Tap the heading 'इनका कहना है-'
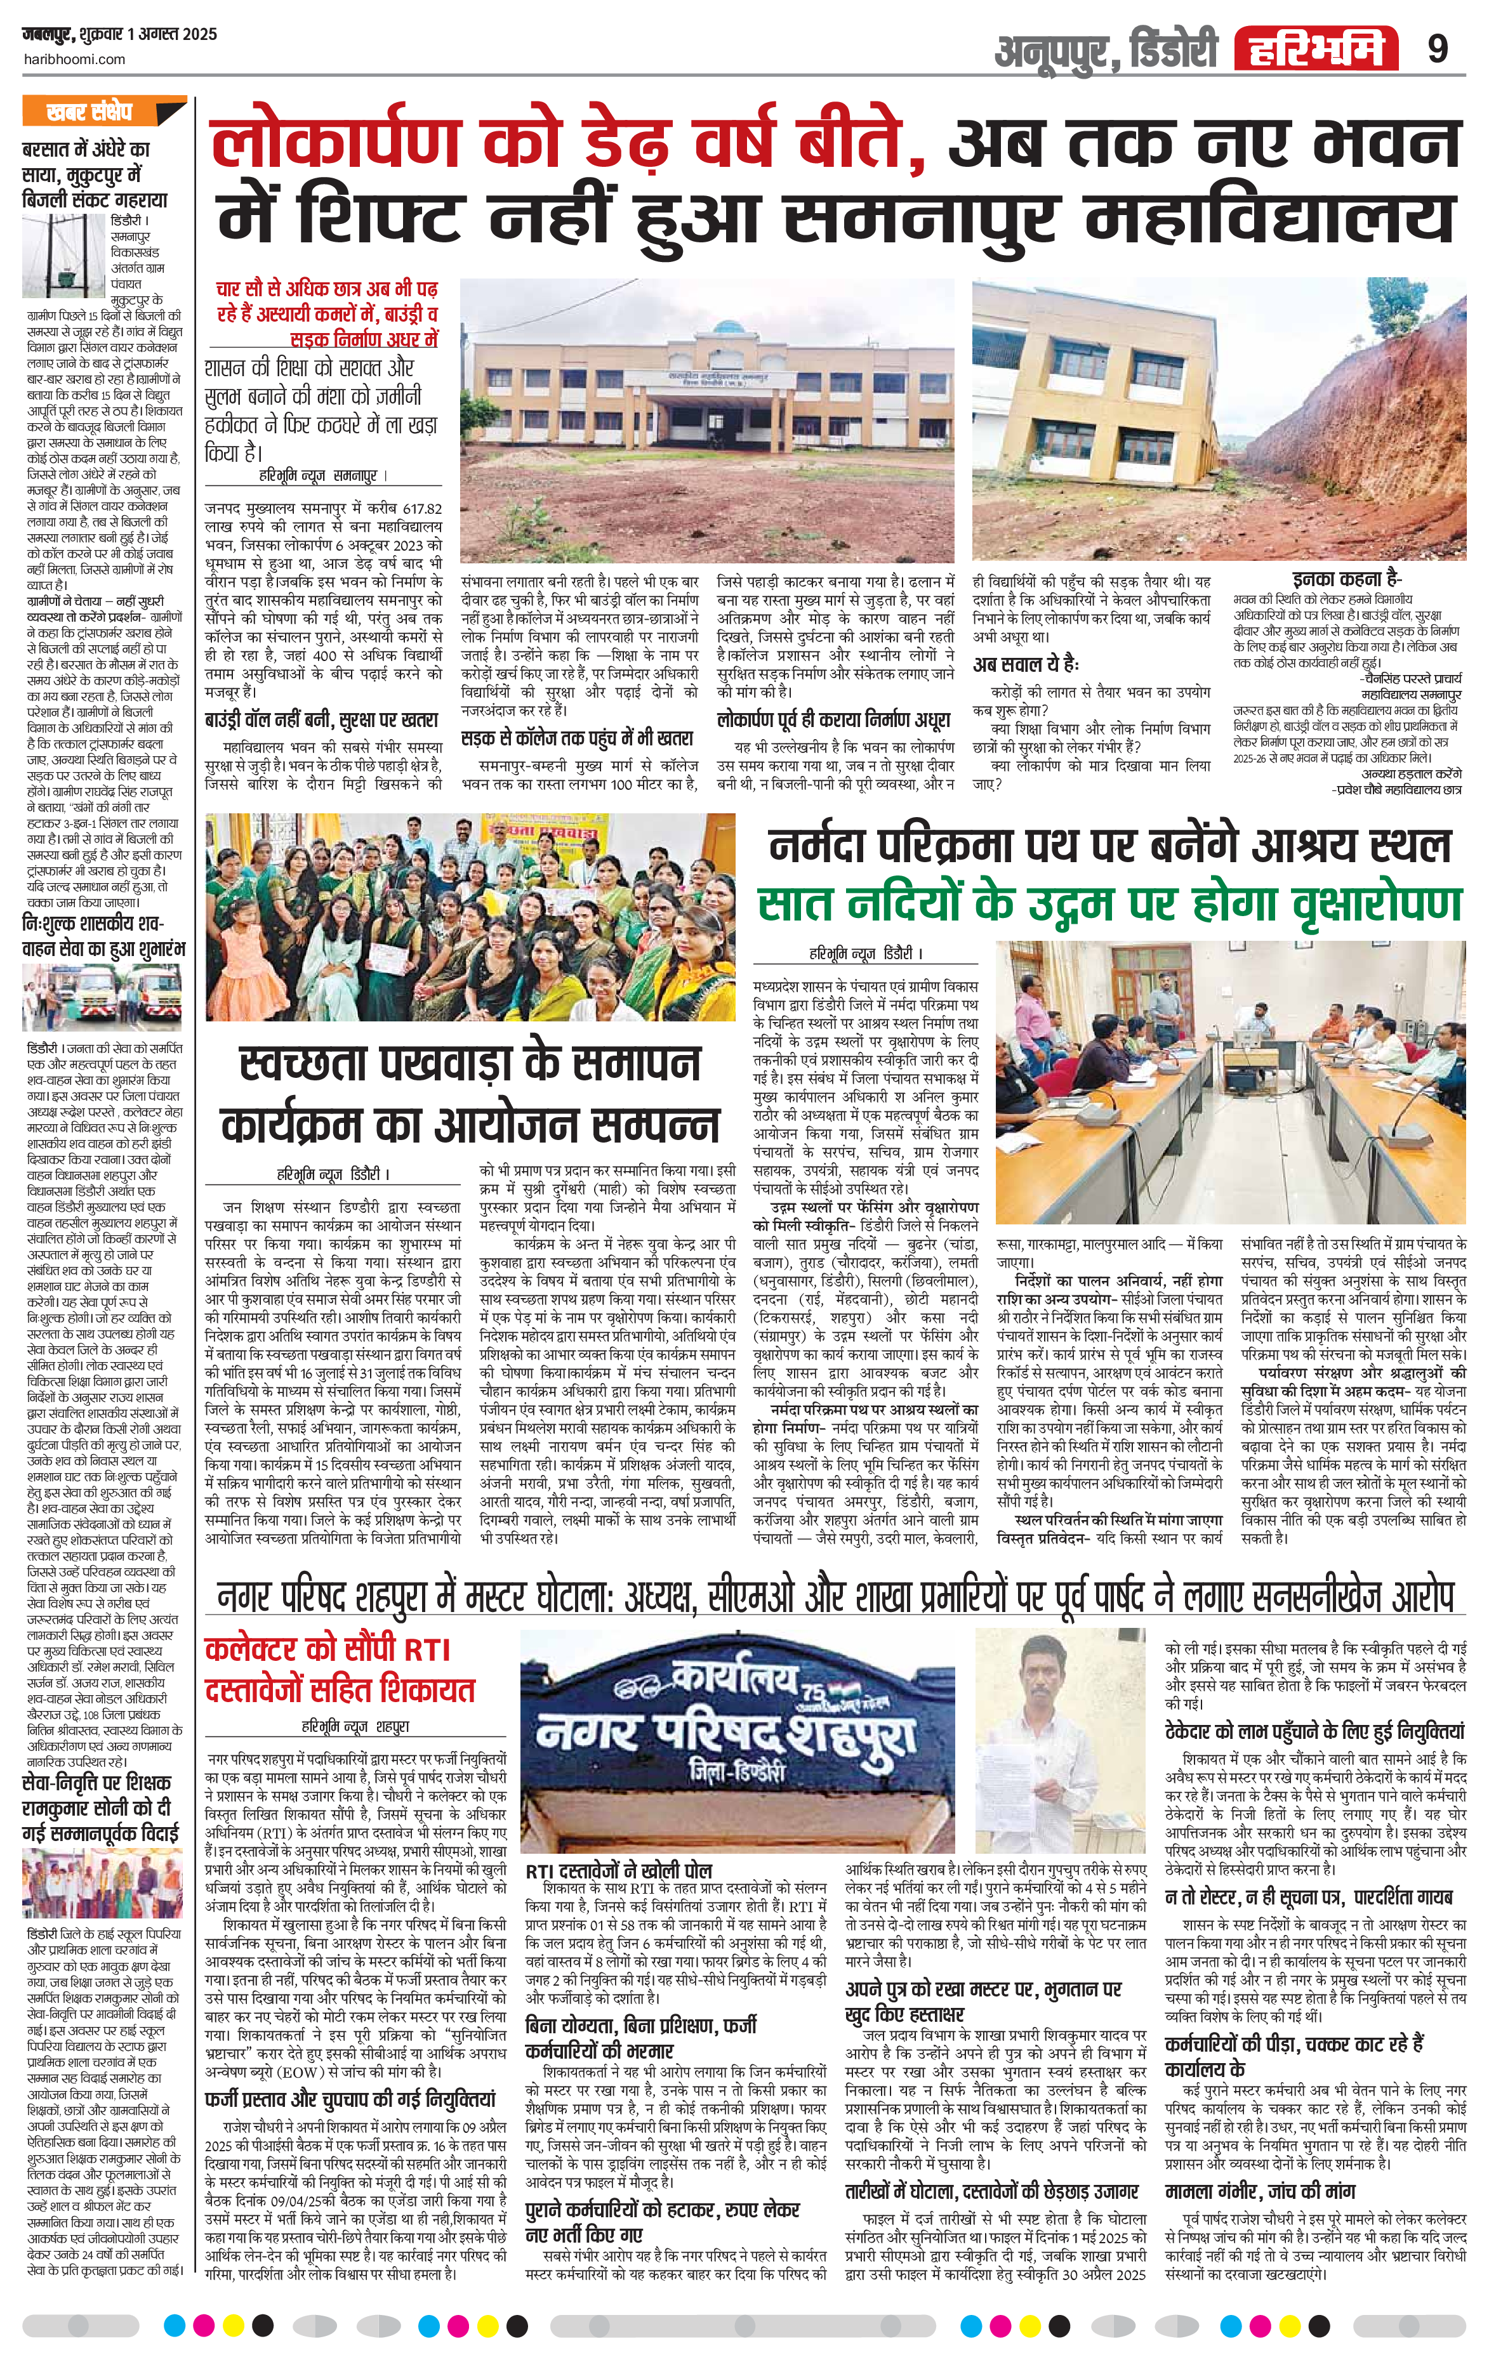[x=1347, y=579]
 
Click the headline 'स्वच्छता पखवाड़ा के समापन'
[x=472, y=1063]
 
